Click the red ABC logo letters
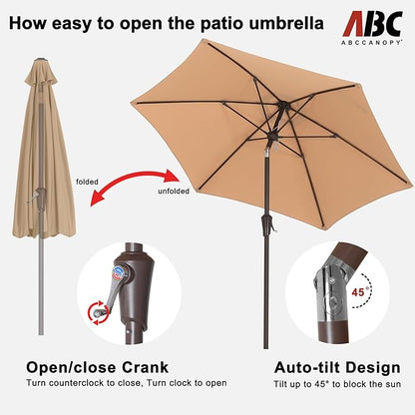click(373, 24)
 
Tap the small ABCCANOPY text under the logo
click(372, 42)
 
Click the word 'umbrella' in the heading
click(286, 23)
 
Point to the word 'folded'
click(87, 182)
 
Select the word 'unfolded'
click(174, 192)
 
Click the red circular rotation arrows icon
click(99, 312)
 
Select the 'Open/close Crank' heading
click(98, 367)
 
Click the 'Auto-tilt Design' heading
click(337, 368)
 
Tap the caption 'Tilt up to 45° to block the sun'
click(337, 384)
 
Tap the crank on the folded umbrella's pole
click(37, 197)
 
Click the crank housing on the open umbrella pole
click(267, 223)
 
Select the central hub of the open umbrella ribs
click(282, 107)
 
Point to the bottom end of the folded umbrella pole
click(41, 333)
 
